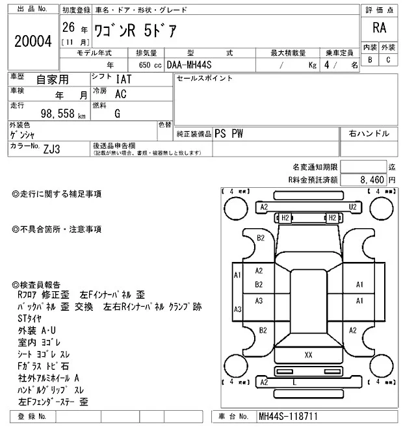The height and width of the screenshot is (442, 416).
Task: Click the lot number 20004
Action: pyautogui.click(x=32, y=41)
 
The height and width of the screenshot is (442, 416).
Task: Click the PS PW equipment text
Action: pyautogui.click(x=229, y=133)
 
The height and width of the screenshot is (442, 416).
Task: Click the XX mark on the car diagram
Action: pyautogui.click(x=308, y=355)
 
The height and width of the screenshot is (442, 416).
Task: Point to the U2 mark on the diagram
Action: pyautogui.click(x=353, y=207)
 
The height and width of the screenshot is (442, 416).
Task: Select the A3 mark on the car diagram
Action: pyautogui.click(x=258, y=301)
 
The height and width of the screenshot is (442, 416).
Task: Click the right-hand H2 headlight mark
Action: pyautogui.click(x=331, y=217)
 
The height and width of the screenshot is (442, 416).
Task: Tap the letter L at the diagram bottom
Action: pyautogui.click(x=295, y=383)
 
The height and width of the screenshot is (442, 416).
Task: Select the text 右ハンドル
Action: pyautogui.click(x=369, y=133)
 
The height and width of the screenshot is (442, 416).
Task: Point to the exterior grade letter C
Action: pyautogui.click(x=388, y=60)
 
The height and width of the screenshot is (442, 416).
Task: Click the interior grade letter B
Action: pyautogui.click(x=370, y=60)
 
